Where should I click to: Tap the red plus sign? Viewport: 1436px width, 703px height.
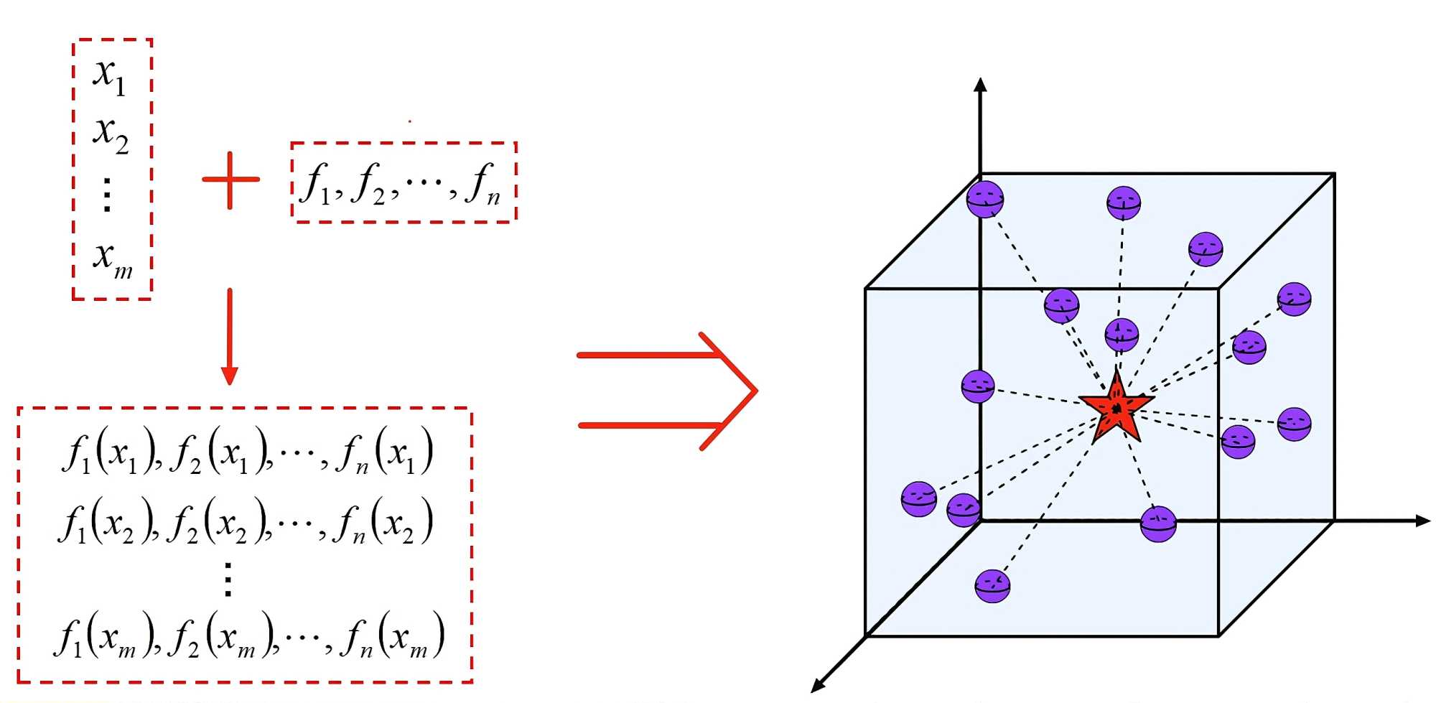click(x=230, y=180)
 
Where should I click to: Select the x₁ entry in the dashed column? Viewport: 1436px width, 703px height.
click(x=110, y=75)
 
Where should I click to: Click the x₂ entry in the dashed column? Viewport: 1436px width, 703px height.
click(x=111, y=134)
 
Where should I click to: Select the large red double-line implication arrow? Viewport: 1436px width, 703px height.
click(x=668, y=391)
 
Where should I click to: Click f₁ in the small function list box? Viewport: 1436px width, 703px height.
click(x=317, y=184)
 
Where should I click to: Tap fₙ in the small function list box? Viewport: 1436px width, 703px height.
click(x=482, y=184)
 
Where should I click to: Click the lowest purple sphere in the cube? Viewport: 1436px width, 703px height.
click(x=992, y=585)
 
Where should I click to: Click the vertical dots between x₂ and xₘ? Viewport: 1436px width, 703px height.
click(x=107, y=195)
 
